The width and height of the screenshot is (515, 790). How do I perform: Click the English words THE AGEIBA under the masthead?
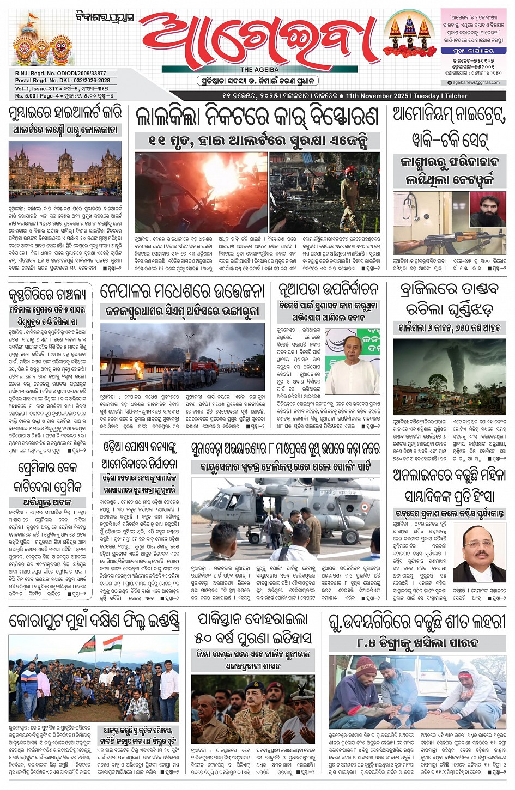point(259,70)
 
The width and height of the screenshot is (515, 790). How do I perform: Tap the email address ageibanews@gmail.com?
point(476,83)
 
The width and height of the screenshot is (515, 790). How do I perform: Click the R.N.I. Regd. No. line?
point(60,73)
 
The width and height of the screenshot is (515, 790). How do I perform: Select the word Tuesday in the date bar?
point(426,96)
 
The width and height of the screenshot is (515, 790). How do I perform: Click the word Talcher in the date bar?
point(456,96)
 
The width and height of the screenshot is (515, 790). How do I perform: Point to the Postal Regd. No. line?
point(62,81)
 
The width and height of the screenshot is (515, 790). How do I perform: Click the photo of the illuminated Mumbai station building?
point(65,171)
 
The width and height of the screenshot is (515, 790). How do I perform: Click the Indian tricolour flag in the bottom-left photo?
point(113,643)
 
